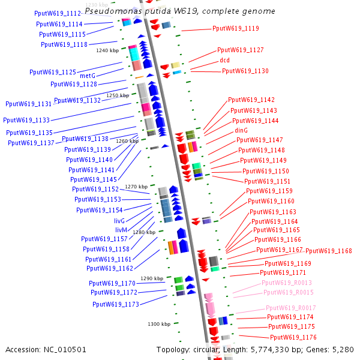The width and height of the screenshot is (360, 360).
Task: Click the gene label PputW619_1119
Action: [236, 28]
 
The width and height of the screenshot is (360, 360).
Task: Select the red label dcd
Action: [224, 60]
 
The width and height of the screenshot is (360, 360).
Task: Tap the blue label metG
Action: [88, 76]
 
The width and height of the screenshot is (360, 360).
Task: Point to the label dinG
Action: [241, 130]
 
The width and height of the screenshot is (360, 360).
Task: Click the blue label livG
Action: [120, 221]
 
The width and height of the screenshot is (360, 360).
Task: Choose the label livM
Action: [121, 230]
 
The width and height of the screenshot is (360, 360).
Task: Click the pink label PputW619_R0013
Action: [287, 282]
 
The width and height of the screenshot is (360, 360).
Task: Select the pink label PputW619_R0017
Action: [290, 308]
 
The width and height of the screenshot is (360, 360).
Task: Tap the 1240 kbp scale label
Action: [107, 50]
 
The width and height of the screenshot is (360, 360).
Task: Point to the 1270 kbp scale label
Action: [136, 187]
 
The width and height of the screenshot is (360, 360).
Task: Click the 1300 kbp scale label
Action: [159, 324]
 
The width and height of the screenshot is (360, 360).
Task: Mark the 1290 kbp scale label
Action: [152, 278]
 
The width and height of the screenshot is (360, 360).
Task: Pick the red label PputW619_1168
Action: [329, 251]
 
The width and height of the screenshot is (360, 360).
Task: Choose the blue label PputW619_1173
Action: [116, 304]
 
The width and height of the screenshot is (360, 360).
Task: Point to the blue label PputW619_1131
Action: [29, 104]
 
